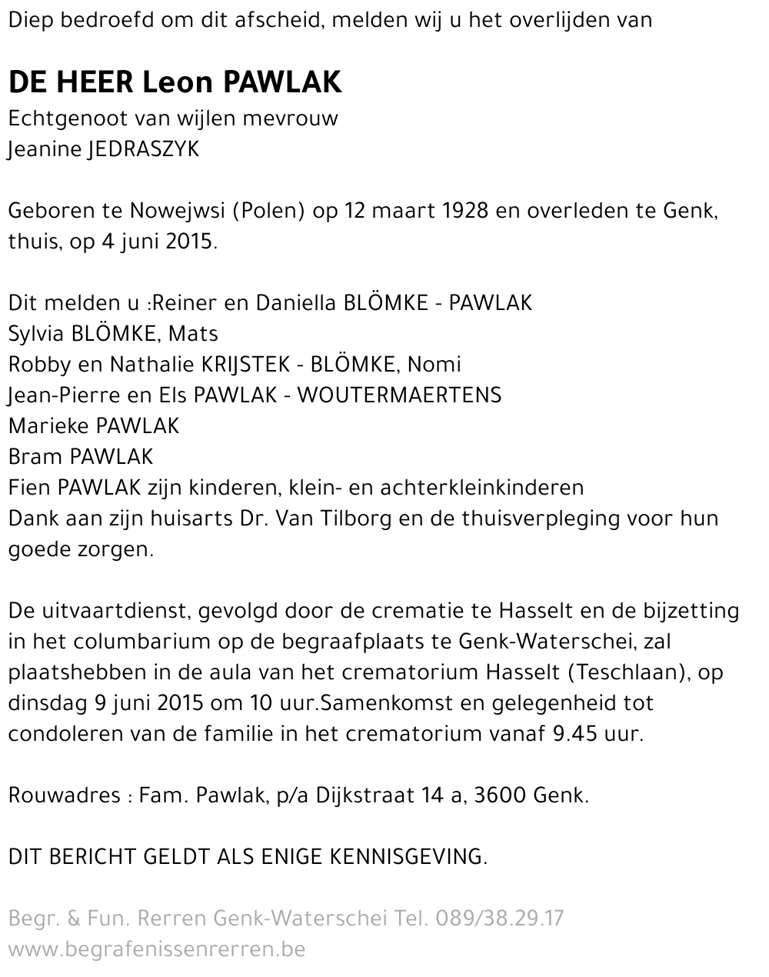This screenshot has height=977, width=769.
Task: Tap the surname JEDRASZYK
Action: [144, 149]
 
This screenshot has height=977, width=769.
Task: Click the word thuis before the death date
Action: [32, 242]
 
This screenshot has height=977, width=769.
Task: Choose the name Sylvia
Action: [36, 334]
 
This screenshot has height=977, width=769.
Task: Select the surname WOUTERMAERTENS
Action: [399, 395]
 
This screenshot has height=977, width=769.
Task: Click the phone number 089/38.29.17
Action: [500, 919]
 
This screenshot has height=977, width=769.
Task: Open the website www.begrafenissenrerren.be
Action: [157, 949]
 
